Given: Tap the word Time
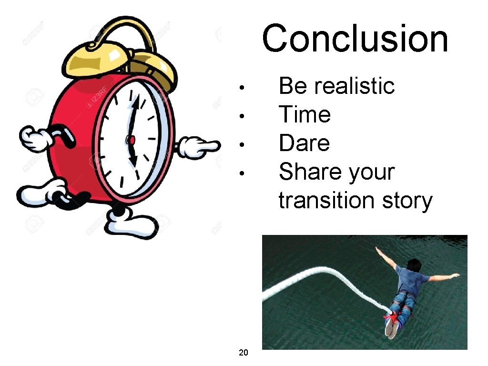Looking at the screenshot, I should (x=304, y=115).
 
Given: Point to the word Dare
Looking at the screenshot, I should (x=304, y=143).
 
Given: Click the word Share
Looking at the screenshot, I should (x=309, y=172).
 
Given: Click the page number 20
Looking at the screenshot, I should (x=243, y=353).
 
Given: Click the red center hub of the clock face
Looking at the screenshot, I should (x=131, y=140).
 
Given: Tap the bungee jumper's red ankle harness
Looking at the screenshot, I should (x=392, y=315).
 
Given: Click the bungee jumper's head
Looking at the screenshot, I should (x=414, y=265).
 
